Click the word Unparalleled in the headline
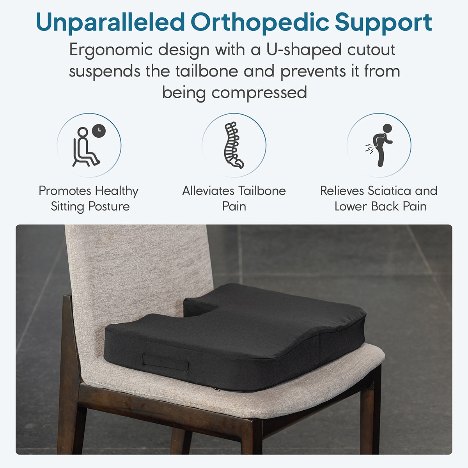click(x=110, y=22)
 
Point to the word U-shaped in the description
click(x=304, y=50)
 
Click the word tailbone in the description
click(x=207, y=71)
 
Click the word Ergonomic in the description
click(x=111, y=50)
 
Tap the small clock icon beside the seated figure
click(x=99, y=131)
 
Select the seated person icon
click(x=86, y=147)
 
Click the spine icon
click(x=233, y=145)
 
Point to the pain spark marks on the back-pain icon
click(x=369, y=149)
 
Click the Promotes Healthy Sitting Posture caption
click(x=89, y=199)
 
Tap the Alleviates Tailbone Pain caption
click(x=234, y=198)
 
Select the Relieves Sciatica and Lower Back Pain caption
click(x=379, y=198)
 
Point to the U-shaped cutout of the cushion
click(x=202, y=308)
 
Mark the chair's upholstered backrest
click(x=138, y=279)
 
